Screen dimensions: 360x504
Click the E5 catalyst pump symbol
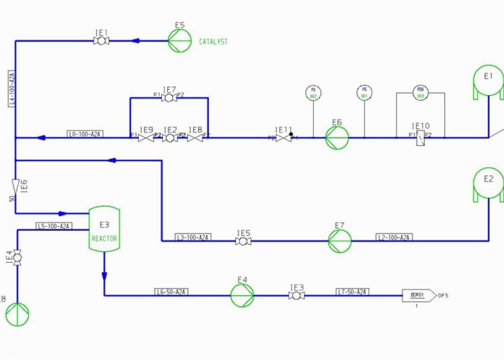tap(180, 41)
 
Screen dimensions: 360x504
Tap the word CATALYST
tap(213, 42)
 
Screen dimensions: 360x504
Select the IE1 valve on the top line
tap(102, 41)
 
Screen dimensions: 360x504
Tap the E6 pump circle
tap(336, 138)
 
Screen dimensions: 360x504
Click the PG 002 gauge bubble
tap(313, 93)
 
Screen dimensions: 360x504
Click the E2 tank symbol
tap(488, 183)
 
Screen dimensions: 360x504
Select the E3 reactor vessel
tap(104, 230)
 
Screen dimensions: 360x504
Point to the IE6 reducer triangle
tap(15, 186)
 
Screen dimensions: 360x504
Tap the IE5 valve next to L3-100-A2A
tap(243, 241)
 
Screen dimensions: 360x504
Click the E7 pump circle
tap(341, 241)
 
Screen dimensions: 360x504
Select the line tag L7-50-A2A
tap(353, 292)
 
